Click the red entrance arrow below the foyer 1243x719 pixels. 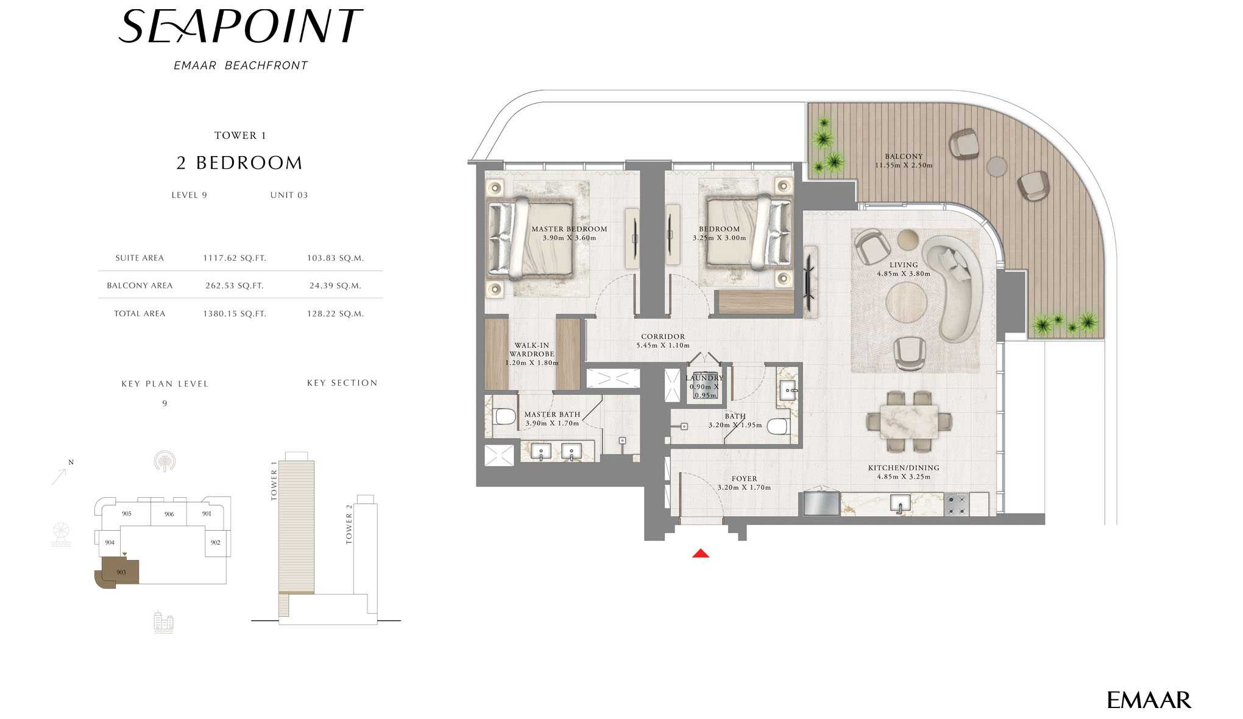(x=701, y=553)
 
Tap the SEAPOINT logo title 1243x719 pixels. (x=241, y=27)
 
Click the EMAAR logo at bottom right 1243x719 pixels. (x=1149, y=700)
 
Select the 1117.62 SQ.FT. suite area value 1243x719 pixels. (x=235, y=258)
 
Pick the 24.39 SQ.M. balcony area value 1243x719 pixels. (x=335, y=285)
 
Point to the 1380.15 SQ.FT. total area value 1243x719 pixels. (x=235, y=314)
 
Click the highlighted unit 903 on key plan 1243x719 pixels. (x=121, y=572)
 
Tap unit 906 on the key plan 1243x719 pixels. (x=169, y=514)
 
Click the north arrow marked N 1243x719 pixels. (x=62, y=473)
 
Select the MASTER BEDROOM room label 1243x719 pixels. (x=569, y=229)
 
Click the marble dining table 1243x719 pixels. (x=908, y=422)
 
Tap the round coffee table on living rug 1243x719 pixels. (x=907, y=302)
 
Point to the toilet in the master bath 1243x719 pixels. (x=505, y=417)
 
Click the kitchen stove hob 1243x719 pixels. (x=956, y=505)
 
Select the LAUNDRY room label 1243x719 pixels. (x=704, y=378)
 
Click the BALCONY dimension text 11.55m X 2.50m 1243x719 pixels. (x=904, y=165)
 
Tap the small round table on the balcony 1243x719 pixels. (x=997, y=166)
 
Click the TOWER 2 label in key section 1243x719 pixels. (x=349, y=524)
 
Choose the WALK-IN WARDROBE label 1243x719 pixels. (x=532, y=350)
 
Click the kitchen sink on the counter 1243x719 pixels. (x=900, y=503)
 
